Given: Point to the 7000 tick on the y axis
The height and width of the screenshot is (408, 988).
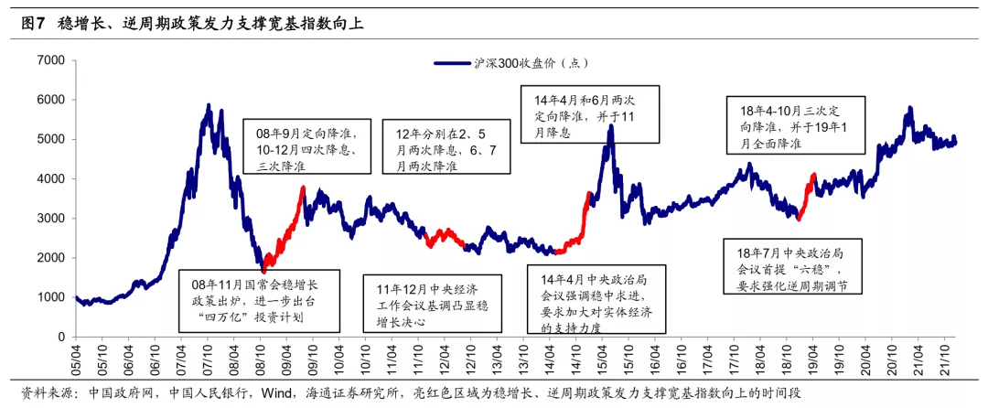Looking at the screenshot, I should [x=51, y=60].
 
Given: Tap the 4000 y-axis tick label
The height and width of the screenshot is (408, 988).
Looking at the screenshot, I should [x=51, y=179].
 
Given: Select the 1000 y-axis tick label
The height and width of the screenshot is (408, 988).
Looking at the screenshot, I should [x=51, y=298].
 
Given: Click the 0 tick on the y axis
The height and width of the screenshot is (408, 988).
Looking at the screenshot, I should [x=60, y=338].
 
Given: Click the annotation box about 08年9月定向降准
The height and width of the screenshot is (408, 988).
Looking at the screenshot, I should [x=312, y=145].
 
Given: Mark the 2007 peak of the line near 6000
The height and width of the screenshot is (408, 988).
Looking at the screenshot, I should [x=209, y=107].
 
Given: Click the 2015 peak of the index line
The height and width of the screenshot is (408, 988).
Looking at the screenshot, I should [x=610, y=126].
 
